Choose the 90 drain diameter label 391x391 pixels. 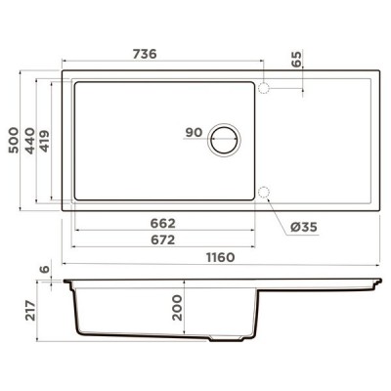(x=192, y=132)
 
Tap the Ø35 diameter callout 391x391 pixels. (x=304, y=227)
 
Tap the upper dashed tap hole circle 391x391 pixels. (x=264, y=88)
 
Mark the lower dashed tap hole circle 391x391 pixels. (x=264, y=190)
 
